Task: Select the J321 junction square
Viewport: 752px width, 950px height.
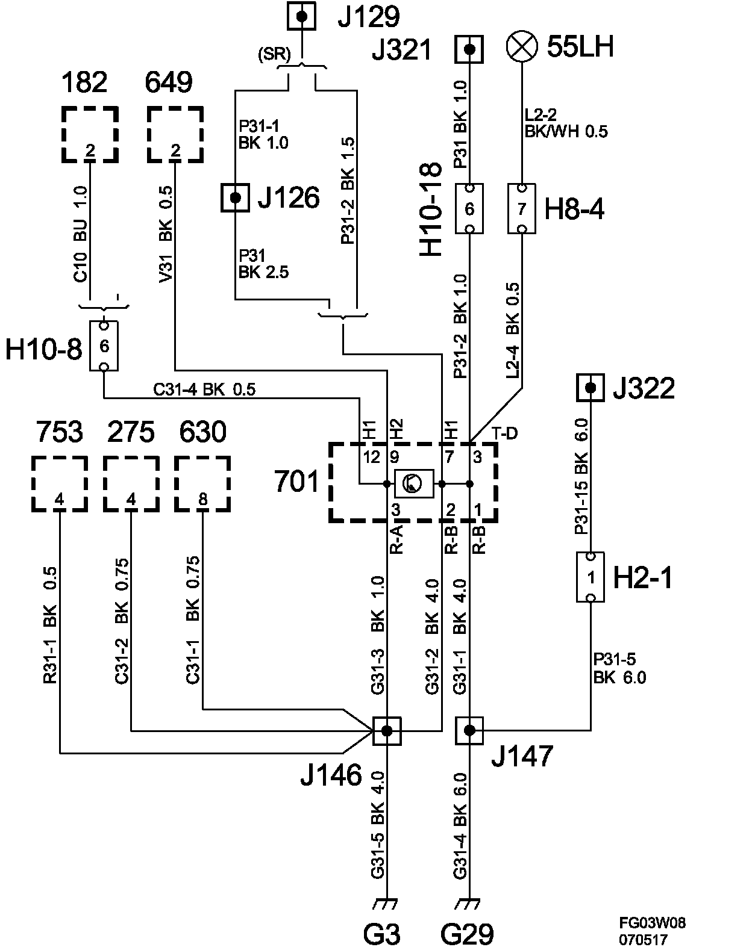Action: (469, 49)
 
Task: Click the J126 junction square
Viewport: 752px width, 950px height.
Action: (236, 197)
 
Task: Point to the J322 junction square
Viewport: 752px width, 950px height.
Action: (591, 387)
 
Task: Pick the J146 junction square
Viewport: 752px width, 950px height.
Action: (387, 731)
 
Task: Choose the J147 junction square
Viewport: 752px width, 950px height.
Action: (469, 731)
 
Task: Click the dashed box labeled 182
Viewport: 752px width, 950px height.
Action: (90, 134)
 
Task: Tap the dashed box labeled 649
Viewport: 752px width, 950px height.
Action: (175, 134)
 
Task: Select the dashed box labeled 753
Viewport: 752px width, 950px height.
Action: (59, 484)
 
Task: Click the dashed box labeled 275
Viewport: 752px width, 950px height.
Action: (131, 484)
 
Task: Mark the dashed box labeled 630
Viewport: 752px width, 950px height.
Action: (203, 484)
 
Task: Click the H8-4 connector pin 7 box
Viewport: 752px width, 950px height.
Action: (522, 209)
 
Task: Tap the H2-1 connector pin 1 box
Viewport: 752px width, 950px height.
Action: (591, 577)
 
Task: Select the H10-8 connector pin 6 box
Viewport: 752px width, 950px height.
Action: (104, 346)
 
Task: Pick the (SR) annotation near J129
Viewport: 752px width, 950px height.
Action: (274, 55)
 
